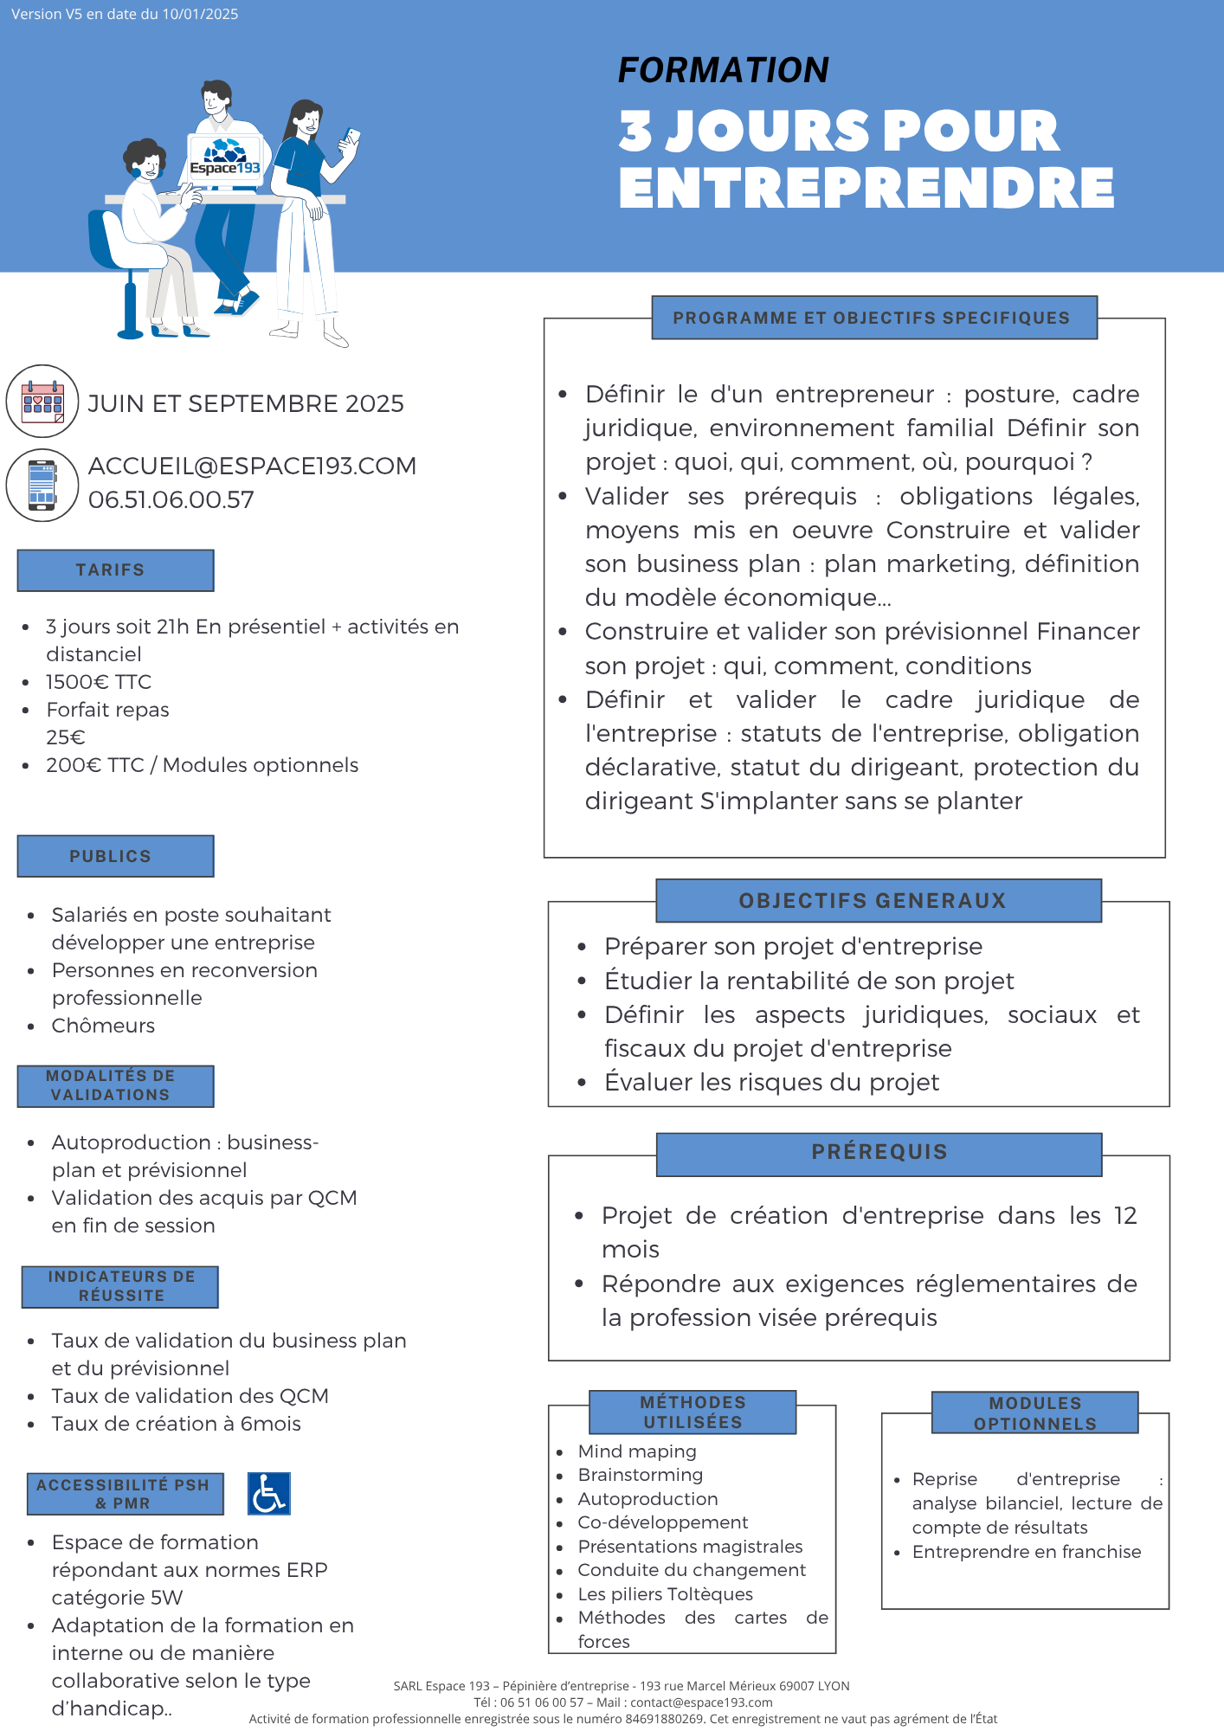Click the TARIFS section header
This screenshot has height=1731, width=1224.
[115, 570]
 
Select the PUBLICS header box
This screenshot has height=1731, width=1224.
[115, 856]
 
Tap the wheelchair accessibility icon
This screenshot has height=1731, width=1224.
[268, 1494]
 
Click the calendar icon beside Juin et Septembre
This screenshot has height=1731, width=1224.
[42, 402]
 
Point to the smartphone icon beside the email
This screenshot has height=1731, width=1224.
[42, 485]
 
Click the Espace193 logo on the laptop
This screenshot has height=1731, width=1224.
[225, 158]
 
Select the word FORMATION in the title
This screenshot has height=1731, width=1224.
[724, 70]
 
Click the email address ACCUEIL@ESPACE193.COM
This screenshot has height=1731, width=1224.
[252, 466]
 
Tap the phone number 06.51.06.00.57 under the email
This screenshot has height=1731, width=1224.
[171, 499]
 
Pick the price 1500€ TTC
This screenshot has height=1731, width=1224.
[99, 682]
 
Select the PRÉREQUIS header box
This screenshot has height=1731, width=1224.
[879, 1153]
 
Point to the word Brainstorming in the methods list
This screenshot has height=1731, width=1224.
[641, 1475]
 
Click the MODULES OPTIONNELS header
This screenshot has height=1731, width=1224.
[1034, 1413]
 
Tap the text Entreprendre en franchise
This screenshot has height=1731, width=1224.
[1027, 1552]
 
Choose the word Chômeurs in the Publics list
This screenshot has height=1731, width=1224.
[103, 1026]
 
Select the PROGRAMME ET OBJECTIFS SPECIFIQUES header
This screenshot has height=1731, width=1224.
[873, 318]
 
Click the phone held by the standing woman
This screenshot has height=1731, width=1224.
[351, 136]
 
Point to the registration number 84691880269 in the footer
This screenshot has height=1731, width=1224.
[665, 1719]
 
